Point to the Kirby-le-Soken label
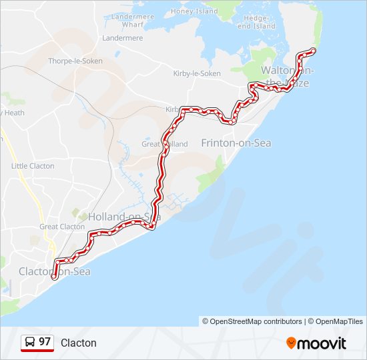[196, 73]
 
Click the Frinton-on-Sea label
[236, 143]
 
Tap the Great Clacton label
[62, 227]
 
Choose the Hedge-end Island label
[256, 22]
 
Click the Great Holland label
[155, 143]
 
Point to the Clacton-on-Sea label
[55, 271]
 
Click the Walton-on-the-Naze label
[288, 76]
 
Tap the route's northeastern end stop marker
[313, 51]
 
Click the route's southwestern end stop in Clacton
[53, 275]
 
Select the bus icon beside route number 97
[30, 342]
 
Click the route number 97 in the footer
[45, 342]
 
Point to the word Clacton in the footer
[79, 343]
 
